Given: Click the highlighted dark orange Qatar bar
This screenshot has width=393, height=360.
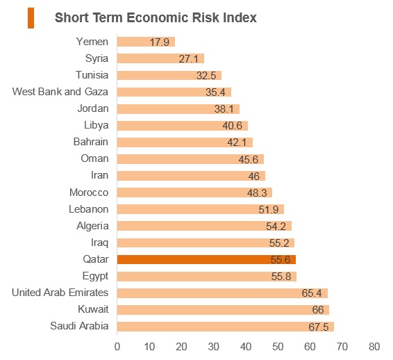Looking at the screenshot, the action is coord(206,259).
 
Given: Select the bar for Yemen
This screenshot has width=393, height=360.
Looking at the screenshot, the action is coord(146,42).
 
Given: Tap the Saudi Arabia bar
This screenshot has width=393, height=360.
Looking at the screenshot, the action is coord(226,327).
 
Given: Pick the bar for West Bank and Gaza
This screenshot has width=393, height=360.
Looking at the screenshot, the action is coord(174,92).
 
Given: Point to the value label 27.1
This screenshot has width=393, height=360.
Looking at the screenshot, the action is coord(188,59).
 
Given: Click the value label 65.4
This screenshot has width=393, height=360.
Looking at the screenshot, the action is coord(312,293).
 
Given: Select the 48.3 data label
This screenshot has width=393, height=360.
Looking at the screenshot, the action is coord(257,193).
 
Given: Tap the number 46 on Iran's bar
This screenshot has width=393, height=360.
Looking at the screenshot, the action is coord(254,176).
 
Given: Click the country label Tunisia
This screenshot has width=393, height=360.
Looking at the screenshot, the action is coord(92,75).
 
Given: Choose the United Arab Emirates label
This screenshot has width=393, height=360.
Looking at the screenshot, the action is coord(60,293).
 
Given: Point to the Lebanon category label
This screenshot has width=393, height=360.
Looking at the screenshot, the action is coord(88,209).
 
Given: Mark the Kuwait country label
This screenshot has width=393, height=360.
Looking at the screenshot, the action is coord(93,309).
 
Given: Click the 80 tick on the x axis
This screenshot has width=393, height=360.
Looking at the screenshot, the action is coord(374,347).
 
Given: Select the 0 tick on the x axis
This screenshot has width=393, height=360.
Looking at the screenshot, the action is coord(117,347).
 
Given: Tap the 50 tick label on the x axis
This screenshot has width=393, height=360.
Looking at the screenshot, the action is coord(278,347).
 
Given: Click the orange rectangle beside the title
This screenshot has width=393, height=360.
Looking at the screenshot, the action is coord(31,18).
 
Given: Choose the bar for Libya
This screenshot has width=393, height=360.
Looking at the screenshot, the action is coord(183,125).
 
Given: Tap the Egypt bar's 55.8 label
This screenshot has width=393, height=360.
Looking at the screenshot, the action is coord(281,276).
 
